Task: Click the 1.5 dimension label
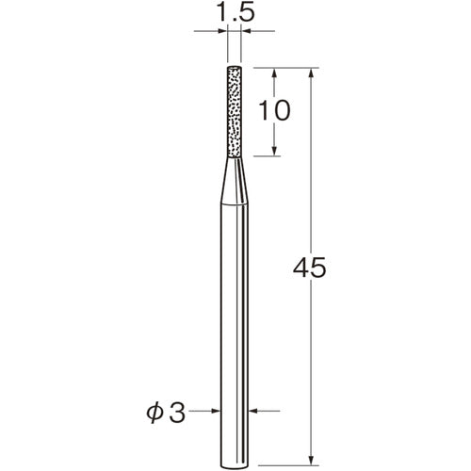tap(235, 12)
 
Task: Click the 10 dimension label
tap(274, 110)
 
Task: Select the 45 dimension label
tap(310, 268)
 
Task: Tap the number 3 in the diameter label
tap(176, 411)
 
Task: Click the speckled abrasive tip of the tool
tap(235, 112)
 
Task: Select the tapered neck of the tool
tap(235, 181)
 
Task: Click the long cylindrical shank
tap(235, 336)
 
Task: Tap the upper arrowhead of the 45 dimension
tap(311, 73)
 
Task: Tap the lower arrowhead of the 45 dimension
tap(311, 459)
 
